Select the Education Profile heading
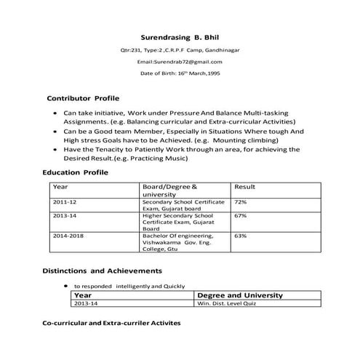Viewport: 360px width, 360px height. (x=76, y=172)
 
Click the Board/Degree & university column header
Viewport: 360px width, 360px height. (x=171, y=191)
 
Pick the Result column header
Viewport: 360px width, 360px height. (x=245, y=187)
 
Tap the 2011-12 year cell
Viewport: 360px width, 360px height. (x=65, y=201)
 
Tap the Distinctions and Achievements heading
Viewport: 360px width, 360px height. (x=101, y=271)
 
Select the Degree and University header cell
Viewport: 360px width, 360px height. (x=240, y=295)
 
